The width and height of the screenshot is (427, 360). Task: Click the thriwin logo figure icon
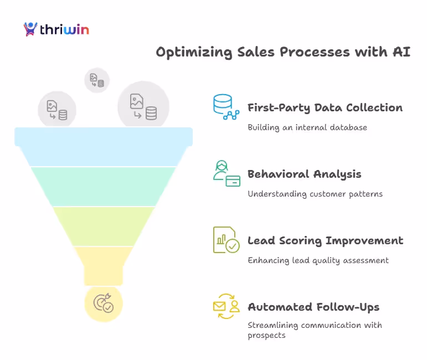tap(30, 29)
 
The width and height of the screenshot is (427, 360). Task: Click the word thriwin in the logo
tap(64, 29)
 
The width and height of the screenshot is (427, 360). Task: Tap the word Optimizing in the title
tap(188, 52)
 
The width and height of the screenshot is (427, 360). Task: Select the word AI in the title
tap(402, 52)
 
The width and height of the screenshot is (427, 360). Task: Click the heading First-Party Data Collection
tap(325, 107)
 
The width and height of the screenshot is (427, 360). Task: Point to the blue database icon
tap(226, 107)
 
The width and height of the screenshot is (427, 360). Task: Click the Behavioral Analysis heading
tap(304, 174)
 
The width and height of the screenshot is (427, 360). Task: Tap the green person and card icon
tap(226, 173)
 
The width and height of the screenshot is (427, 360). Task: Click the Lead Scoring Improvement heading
tap(325, 241)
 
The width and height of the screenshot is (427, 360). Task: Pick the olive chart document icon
tap(226, 240)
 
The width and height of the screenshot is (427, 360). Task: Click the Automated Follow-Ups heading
tap(313, 307)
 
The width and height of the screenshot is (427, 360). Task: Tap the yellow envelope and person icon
tap(226, 306)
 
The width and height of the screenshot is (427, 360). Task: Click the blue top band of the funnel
tap(104, 147)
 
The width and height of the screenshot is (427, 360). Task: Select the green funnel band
tap(104, 186)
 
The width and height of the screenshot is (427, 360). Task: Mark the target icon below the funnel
tap(104, 303)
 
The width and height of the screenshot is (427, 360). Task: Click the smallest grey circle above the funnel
tap(97, 80)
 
